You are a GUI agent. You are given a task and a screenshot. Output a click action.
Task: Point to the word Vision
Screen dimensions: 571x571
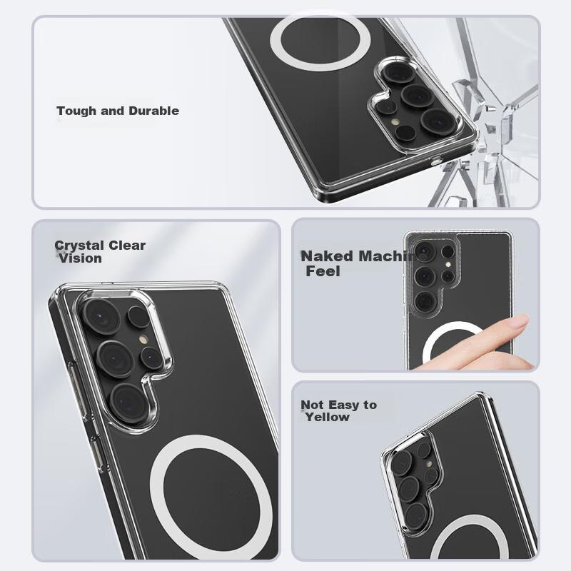click(x=80, y=258)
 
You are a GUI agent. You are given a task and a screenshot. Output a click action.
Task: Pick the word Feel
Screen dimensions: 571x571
click(x=323, y=271)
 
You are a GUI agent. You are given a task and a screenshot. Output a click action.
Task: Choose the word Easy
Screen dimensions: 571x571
click(x=343, y=405)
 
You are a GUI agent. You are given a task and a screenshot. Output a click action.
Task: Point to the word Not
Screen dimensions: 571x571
click(x=312, y=405)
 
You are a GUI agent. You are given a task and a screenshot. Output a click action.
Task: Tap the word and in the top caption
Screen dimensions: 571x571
click(x=113, y=111)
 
